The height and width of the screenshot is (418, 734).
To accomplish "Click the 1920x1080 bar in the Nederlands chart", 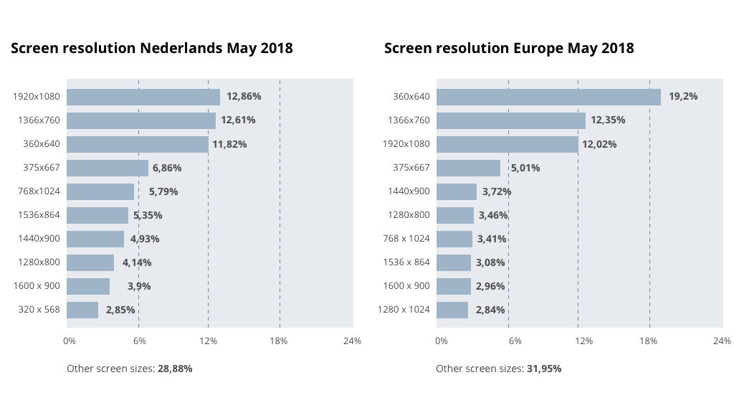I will point(143,97).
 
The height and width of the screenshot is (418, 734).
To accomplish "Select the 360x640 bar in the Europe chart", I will point(548,97).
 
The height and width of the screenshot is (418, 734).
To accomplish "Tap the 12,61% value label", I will point(238,120).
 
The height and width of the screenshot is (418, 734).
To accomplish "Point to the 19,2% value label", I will point(683,97).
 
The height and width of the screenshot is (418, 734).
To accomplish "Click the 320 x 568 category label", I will point(39,310).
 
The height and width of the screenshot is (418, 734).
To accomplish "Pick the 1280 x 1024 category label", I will point(404,310).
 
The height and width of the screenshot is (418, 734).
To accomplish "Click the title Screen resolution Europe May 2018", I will point(509,48).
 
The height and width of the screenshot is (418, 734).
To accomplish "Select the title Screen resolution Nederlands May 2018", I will point(151,48).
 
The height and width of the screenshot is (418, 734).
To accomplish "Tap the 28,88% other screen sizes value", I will point(175,369).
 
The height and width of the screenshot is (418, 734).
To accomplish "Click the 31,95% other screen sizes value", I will point(544,369).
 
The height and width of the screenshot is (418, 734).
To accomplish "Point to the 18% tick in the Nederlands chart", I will point(279,341).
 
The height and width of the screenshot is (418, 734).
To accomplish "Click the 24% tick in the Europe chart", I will point(722,341).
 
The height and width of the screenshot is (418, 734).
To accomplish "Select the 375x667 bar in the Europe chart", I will point(468,168).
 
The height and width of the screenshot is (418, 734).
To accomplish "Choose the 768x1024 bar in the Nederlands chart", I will point(100,191).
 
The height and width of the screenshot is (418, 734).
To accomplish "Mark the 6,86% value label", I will point(167,168).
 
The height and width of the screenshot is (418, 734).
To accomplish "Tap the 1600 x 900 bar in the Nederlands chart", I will point(88,286).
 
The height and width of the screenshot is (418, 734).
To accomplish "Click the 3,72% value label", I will point(497,191).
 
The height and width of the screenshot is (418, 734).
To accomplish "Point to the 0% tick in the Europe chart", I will point(442,341).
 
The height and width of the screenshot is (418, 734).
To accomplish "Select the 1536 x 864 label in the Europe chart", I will point(404,262).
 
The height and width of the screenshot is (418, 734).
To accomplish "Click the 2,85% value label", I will point(120,310).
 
